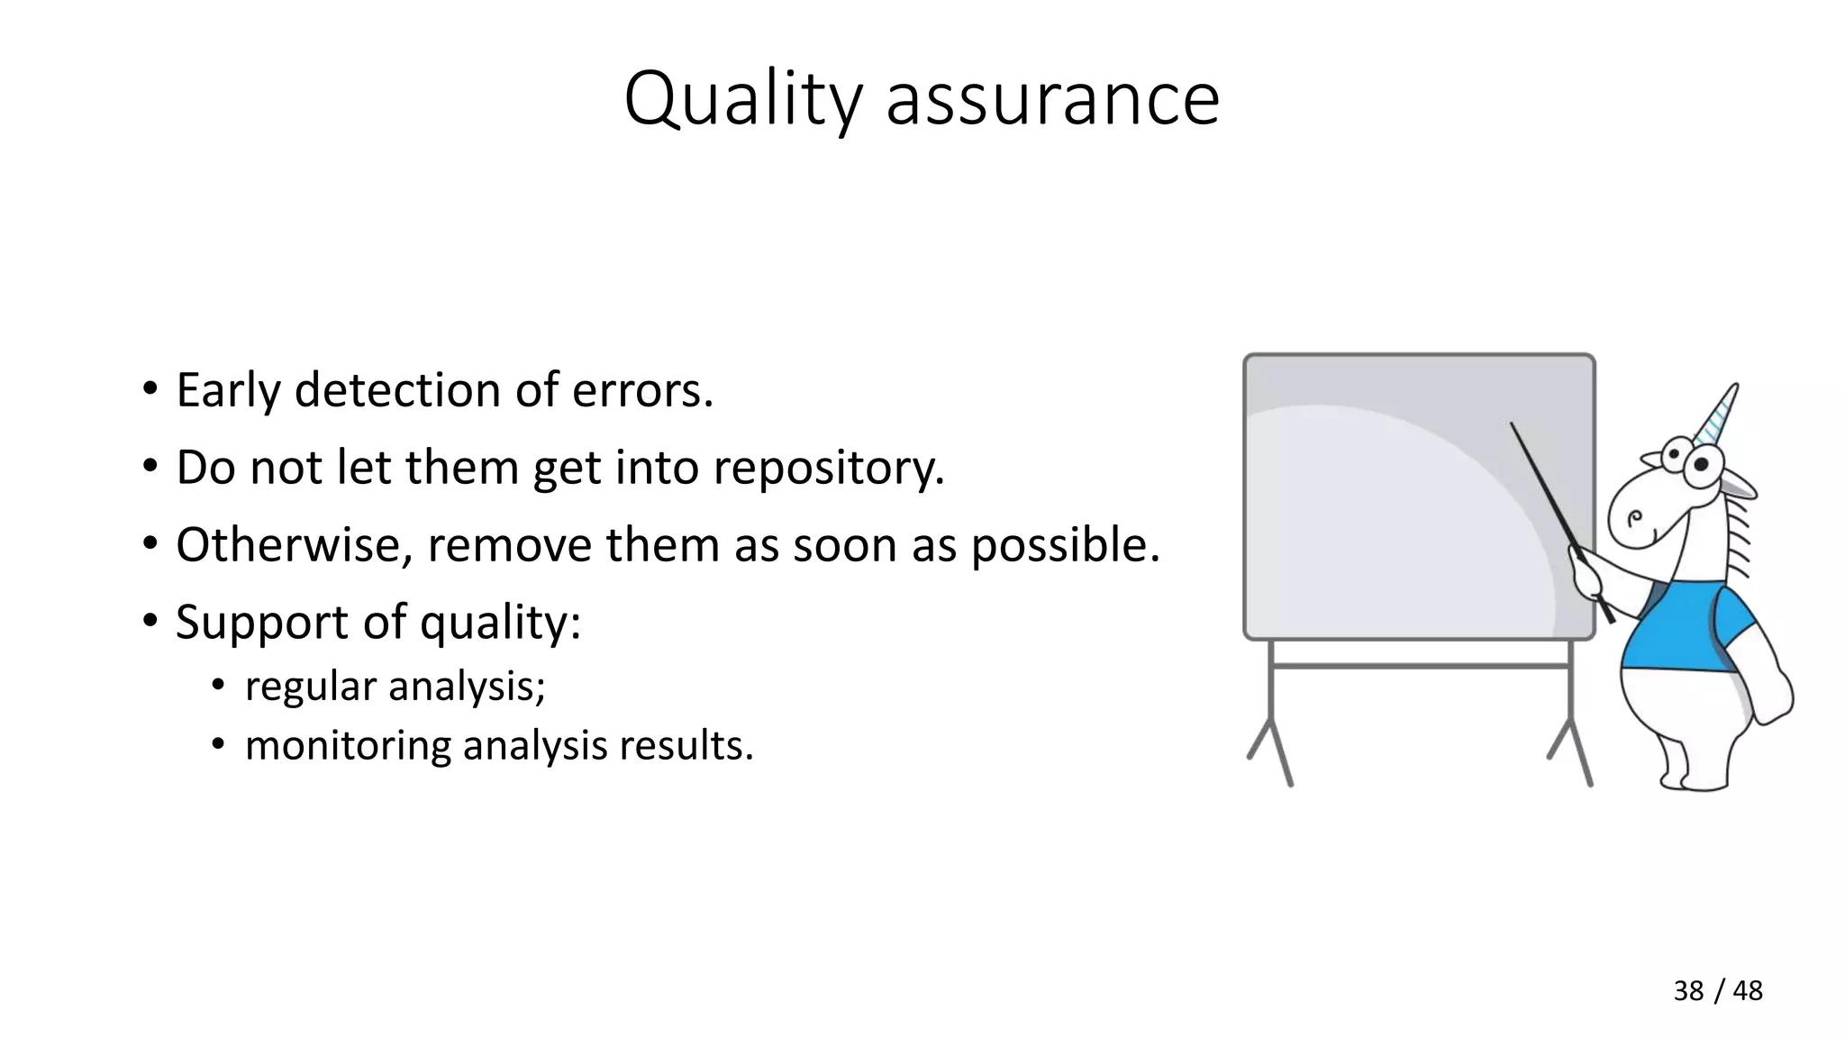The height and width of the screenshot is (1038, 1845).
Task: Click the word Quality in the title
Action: tap(742, 99)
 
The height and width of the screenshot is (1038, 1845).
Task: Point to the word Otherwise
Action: tap(294, 545)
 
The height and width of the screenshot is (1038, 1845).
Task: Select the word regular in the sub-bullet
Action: tap(311, 687)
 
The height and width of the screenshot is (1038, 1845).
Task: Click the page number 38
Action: tap(1688, 990)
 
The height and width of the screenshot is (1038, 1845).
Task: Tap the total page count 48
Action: tap(1748, 990)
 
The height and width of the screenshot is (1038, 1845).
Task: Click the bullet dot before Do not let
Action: tap(150, 469)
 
